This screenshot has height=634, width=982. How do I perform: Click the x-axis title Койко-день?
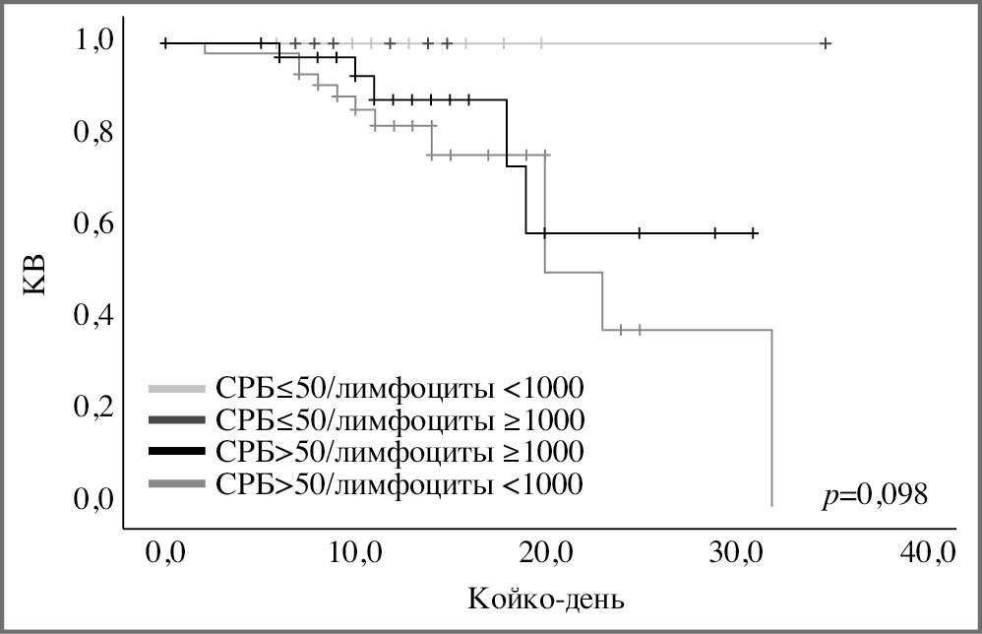(x=547, y=597)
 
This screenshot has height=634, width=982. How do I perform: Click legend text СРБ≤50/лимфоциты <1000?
(x=400, y=387)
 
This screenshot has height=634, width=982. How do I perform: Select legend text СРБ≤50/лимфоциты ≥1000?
(x=400, y=419)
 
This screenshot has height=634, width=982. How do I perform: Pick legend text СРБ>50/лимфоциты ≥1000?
(x=400, y=452)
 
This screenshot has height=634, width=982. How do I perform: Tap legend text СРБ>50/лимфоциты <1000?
(x=400, y=483)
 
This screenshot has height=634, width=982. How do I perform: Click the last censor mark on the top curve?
(x=826, y=43)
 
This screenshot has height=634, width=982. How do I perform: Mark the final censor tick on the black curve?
(x=754, y=233)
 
